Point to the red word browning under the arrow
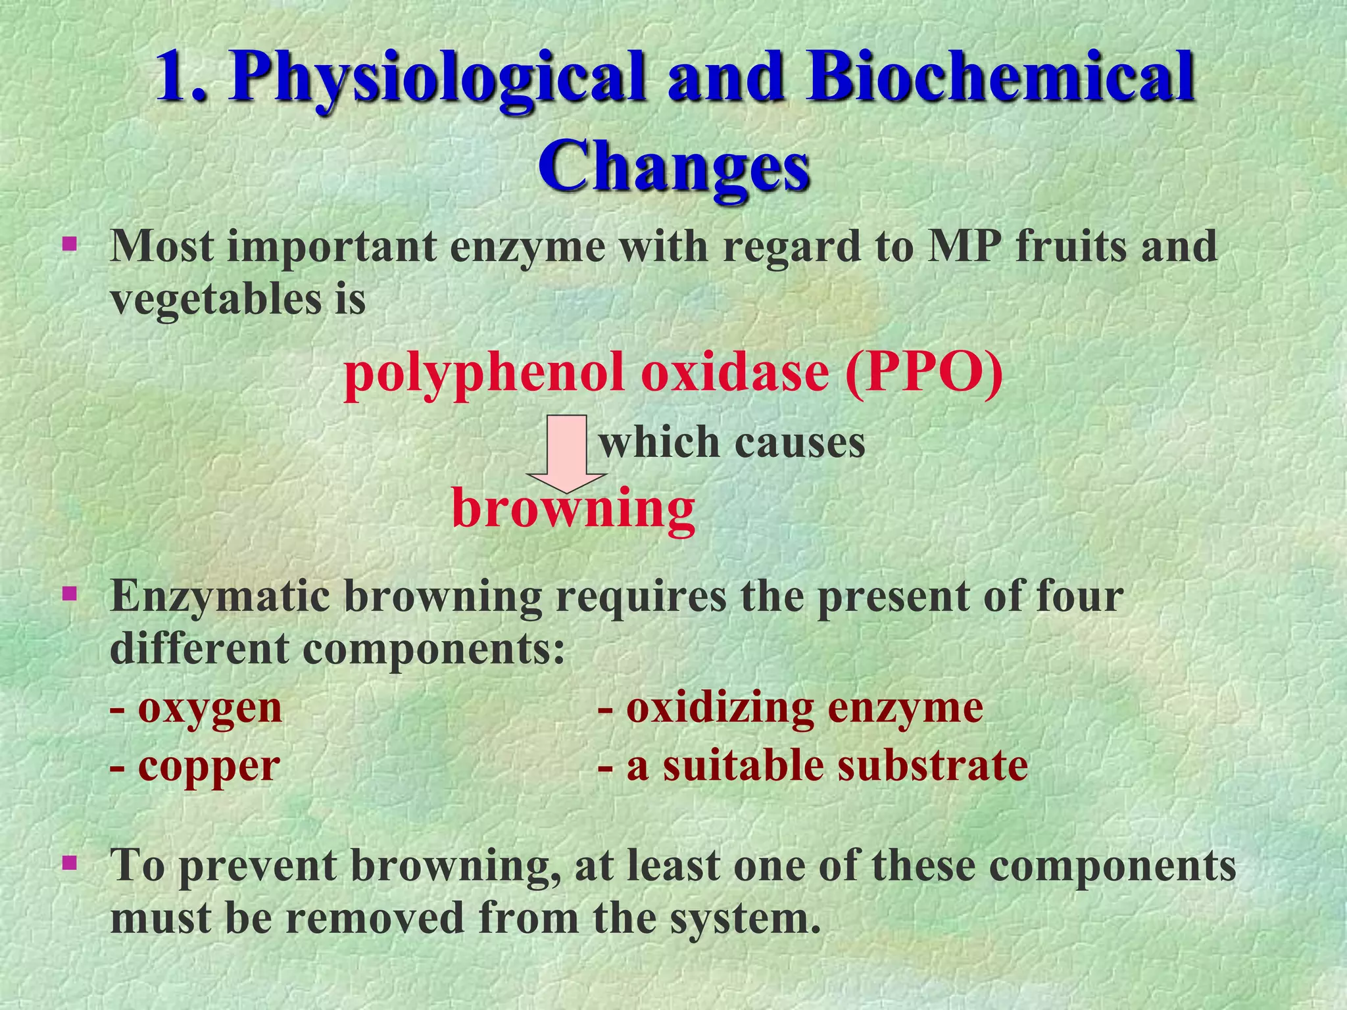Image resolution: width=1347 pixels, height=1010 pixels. pyautogui.click(x=574, y=510)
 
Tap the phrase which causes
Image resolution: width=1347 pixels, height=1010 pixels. pyautogui.click(x=732, y=442)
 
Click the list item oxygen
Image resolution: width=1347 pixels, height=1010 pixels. pyautogui.click(x=209, y=709)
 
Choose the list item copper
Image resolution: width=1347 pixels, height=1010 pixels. pyautogui.click(x=208, y=767)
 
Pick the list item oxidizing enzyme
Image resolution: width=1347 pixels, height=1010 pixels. pyautogui.click(x=804, y=709)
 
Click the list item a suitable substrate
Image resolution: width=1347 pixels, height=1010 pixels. pyautogui.click(x=826, y=767)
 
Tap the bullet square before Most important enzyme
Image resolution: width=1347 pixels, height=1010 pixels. pyautogui.click(x=68, y=246)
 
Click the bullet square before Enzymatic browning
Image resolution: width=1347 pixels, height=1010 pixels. pyautogui.click(x=68, y=596)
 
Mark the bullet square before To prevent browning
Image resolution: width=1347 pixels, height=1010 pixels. pyautogui.click(x=68, y=862)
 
